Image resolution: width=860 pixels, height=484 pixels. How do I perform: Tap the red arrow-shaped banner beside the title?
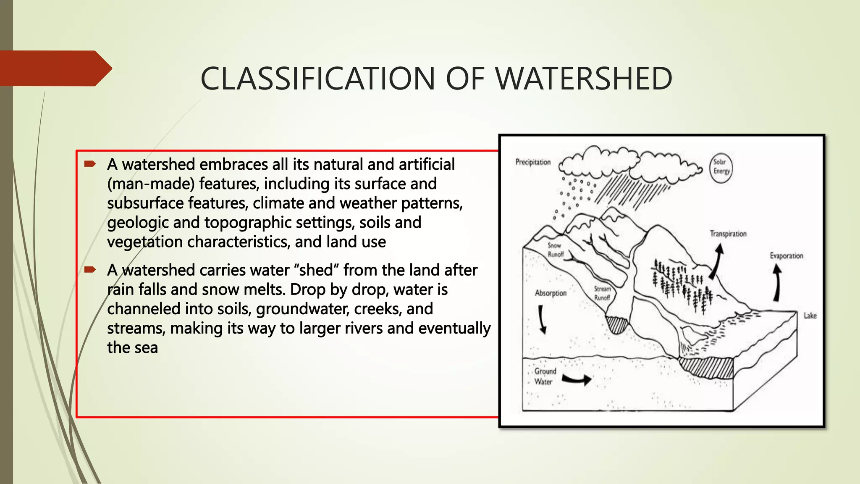55,68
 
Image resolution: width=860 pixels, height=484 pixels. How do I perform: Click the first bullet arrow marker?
90,164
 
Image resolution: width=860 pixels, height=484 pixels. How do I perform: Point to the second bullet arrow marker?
90,270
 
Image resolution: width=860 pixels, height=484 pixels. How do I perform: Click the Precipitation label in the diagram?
533,162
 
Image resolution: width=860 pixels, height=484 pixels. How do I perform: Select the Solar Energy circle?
721,167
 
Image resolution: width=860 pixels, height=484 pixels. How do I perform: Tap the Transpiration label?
728,234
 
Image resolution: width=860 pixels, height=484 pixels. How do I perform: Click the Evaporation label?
786,256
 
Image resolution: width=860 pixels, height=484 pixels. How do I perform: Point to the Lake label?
810,316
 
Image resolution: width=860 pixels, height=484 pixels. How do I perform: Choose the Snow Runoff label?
555,250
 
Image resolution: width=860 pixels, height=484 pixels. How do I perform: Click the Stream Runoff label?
602,293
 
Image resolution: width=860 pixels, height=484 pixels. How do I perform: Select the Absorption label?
551,293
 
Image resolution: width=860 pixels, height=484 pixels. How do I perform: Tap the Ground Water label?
545,376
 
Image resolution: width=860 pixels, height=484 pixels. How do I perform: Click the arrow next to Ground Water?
577,379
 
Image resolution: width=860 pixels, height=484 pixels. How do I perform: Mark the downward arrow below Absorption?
542,319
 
